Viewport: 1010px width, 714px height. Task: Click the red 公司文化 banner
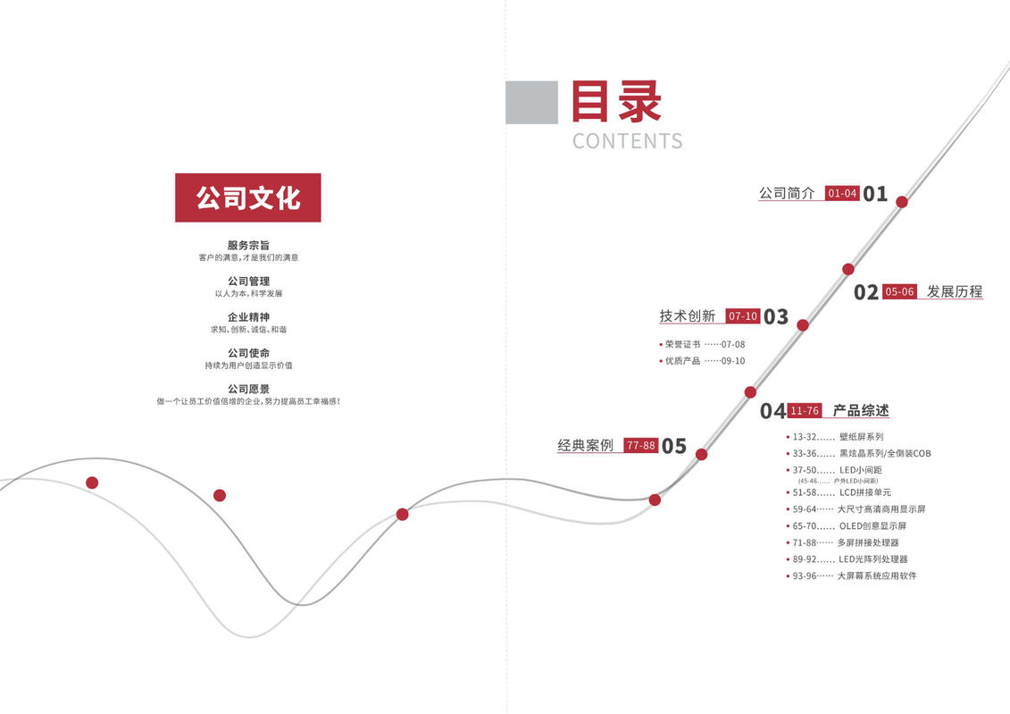(x=248, y=197)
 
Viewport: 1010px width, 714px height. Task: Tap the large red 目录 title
(x=616, y=101)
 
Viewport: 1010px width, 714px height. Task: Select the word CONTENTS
(x=628, y=141)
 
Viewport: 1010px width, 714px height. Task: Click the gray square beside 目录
(x=531, y=103)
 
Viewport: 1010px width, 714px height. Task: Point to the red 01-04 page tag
(x=842, y=193)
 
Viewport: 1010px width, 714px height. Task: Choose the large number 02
(x=865, y=292)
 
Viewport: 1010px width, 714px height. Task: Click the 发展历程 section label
(x=955, y=291)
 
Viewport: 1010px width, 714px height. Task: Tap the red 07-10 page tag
(x=743, y=316)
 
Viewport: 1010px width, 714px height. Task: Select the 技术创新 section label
(x=688, y=315)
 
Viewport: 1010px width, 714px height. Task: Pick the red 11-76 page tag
(x=805, y=410)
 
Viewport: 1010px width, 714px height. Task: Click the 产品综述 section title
(x=861, y=410)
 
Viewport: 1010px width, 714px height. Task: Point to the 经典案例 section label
(x=586, y=445)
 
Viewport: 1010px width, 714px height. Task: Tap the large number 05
(x=673, y=446)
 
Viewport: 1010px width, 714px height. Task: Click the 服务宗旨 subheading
(x=248, y=246)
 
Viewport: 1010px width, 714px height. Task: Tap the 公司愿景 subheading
(x=248, y=390)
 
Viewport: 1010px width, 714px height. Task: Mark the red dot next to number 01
(x=902, y=202)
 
